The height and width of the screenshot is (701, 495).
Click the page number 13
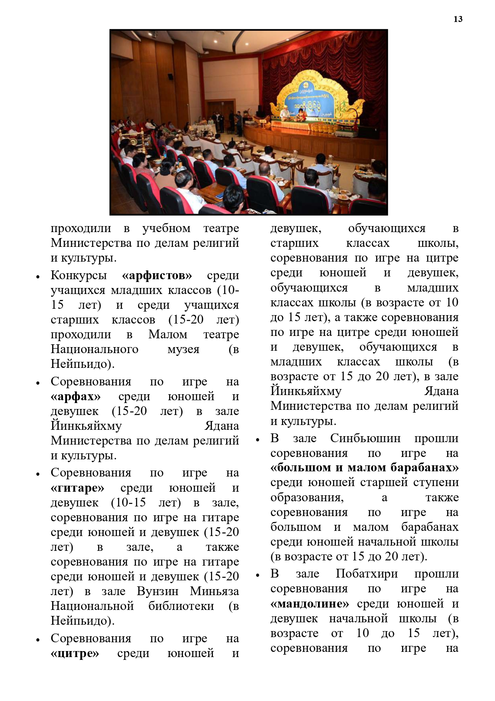tap(458, 19)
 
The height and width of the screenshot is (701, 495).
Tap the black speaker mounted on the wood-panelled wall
tap(170, 76)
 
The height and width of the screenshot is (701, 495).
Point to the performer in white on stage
tap(284, 114)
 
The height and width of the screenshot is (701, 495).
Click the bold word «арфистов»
tap(157, 275)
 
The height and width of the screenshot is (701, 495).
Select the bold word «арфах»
tap(76, 397)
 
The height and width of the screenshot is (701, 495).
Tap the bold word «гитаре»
tap(77, 488)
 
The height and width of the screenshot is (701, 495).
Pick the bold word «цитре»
tap(75, 653)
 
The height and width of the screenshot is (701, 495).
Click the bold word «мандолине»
tap(310, 604)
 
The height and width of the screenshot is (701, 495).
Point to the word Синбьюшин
tap(365, 438)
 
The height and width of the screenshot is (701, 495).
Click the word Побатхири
tap(367, 574)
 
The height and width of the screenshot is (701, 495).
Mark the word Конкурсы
tap(79, 275)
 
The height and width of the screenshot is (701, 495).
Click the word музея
tap(183, 349)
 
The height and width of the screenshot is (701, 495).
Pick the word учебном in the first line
tap(166, 228)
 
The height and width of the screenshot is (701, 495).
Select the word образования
tap(307, 497)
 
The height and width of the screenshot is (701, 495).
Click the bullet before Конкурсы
tap(37, 276)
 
